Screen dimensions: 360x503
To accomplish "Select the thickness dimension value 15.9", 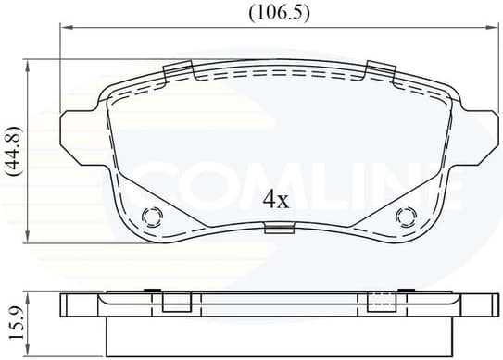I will [x=13, y=320].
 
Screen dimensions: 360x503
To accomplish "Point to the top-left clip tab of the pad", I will [x=177, y=72].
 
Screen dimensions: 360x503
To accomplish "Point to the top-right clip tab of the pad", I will [x=380, y=68].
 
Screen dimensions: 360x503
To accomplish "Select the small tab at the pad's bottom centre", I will [x=276, y=230].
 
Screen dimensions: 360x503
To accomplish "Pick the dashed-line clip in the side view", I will [x=380, y=302].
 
